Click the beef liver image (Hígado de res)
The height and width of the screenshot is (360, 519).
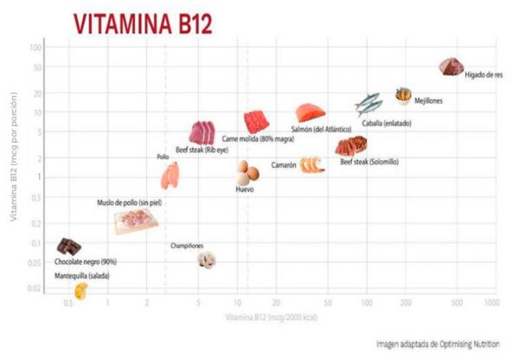point(451,66)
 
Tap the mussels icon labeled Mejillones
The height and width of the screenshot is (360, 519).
point(403,94)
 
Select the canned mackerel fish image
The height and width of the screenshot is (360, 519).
point(368,104)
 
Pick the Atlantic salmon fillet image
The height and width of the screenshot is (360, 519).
point(308,113)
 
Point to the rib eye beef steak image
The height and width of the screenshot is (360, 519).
point(202,132)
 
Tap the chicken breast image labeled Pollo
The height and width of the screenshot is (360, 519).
point(170,176)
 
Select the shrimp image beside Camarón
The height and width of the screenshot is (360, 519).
point(312,163)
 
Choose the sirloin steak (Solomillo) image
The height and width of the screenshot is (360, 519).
point(350,145)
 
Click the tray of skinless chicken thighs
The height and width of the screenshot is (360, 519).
point(136,222)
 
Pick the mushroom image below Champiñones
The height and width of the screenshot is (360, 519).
point(205,259)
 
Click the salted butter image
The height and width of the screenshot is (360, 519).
point(80,291)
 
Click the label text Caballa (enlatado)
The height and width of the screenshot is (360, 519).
point(386,123)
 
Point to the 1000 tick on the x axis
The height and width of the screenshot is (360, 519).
point(490,303)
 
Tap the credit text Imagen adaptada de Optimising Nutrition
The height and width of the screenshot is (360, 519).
point(438,344)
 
